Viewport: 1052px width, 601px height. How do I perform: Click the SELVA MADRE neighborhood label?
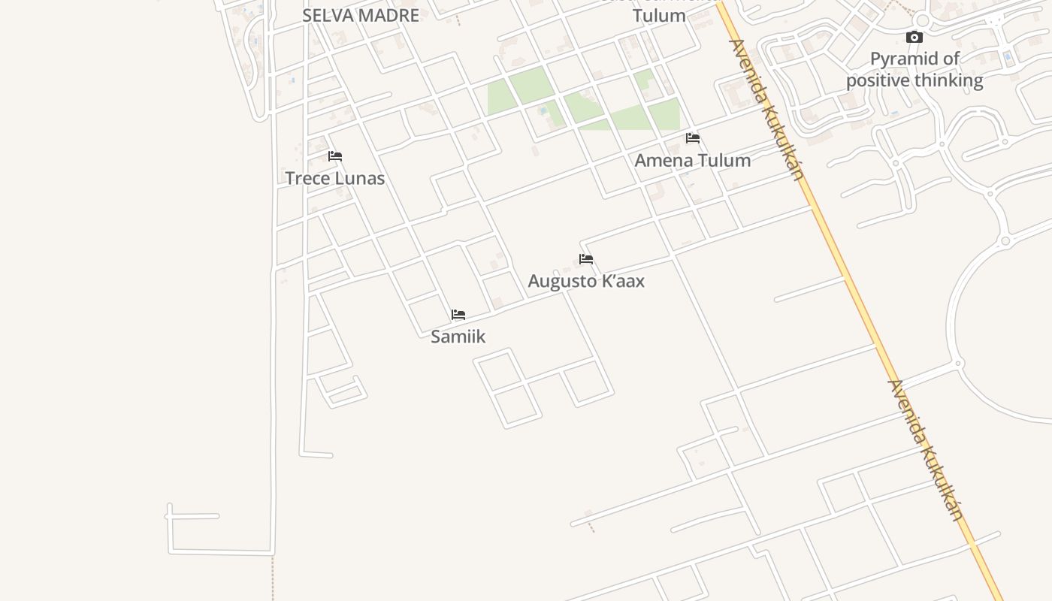[x=361, y=15]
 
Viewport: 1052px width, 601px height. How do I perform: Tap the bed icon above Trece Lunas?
[x=335, y=156]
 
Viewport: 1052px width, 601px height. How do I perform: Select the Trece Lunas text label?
[x=335, y=178]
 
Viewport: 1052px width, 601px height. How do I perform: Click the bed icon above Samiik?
[x=458, y=315]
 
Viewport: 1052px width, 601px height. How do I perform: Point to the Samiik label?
[x=458, y=337]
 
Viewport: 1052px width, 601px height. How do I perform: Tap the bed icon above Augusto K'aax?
[x=586, y=259]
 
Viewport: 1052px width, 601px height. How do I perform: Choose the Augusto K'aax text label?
[x=586, y=281]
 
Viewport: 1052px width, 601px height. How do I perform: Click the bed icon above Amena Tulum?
[x=693, y=138]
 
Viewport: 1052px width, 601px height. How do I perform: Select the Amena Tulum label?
[x=693, y=160]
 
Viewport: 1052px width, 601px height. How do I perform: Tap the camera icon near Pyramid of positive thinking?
[x=914, y=37]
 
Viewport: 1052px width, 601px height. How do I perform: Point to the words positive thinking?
[x=914, y=80]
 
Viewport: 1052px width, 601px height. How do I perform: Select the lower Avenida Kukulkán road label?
[x=926, y=449]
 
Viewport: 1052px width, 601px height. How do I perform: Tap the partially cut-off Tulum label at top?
[x=659, y=15]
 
